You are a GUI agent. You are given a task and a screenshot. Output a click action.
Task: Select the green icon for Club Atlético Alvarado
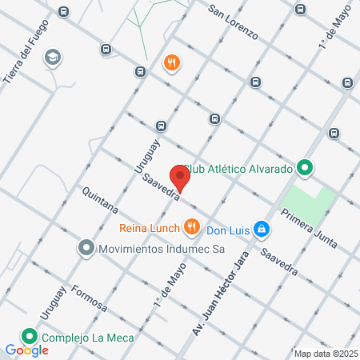[305, 168]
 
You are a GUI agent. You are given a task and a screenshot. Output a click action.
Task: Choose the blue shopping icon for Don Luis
[261, 230]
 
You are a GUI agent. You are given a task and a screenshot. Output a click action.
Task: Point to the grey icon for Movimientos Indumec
[86, 249]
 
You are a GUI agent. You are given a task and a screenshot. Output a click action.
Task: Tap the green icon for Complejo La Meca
[30, 337]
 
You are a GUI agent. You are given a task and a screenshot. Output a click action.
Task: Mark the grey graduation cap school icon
[53, 57]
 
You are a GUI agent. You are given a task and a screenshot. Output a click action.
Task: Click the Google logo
[26, 350]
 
